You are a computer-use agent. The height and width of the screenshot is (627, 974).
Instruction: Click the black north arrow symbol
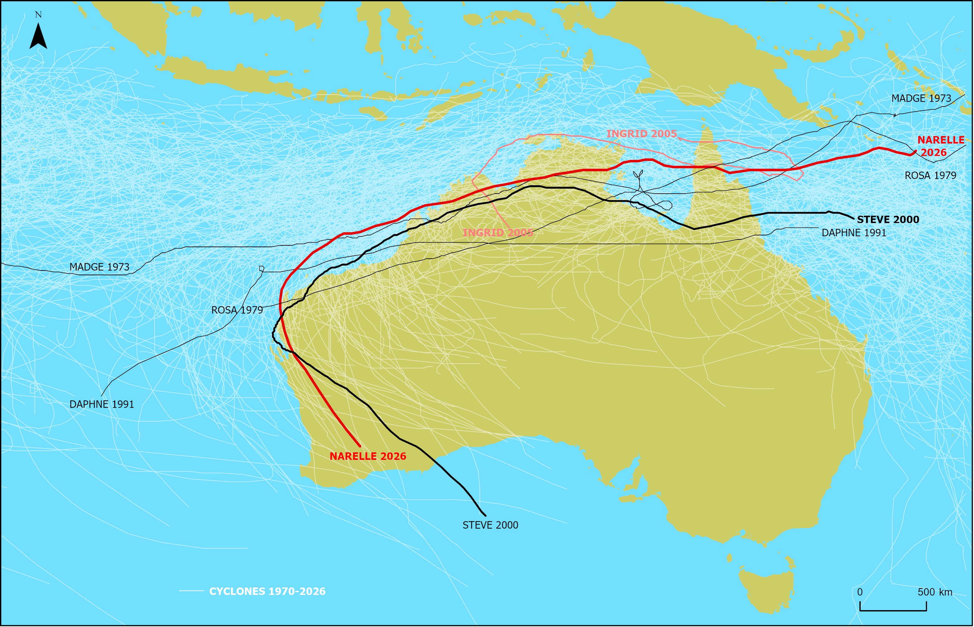[x=38, y=37]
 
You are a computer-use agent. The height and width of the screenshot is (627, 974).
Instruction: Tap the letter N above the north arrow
[x=38, y=15]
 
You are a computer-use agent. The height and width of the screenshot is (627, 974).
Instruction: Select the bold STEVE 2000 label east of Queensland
[x=888, y=220]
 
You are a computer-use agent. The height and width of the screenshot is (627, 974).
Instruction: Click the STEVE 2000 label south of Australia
[x=490, y=525]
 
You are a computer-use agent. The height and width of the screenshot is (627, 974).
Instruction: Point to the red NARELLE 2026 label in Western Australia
[x=368, y=456]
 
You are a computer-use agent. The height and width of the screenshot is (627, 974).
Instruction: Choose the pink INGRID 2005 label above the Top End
[x=642, y=134]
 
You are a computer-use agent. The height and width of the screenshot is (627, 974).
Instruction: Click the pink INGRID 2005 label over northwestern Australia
[x=498, y=233]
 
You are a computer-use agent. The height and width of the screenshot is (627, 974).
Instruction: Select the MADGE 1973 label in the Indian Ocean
[x=99, y=267]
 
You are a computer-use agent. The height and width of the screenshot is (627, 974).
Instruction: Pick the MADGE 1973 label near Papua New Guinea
[x=921, y=98]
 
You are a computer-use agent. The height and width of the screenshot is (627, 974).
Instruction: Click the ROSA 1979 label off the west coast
[x=237, y=310]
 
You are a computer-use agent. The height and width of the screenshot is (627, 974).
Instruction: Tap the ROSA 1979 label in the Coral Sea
[x=930, y=176]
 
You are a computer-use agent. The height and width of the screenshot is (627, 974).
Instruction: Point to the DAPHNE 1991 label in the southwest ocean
[x=102, y=404]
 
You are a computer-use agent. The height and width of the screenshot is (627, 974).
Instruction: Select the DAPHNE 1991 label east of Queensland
[x=854, y=233]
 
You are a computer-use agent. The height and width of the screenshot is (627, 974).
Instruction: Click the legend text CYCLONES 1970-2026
[x=267, y=592]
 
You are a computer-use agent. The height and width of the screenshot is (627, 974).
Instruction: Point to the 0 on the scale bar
[x=860, y=592]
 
